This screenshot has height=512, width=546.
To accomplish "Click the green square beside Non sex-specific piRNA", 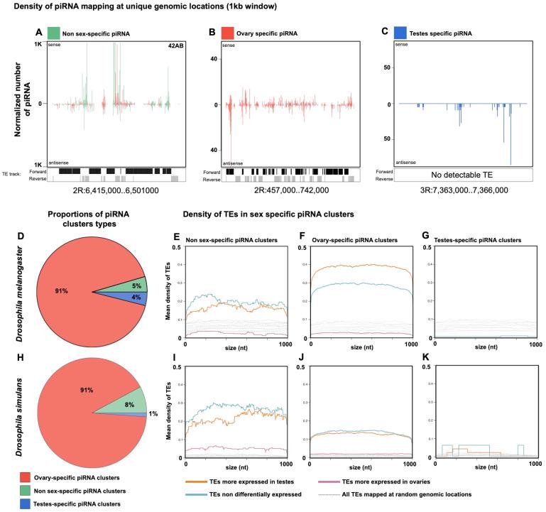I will coord(53,33).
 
